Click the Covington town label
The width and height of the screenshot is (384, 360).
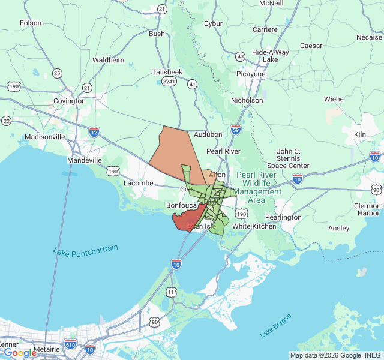pyautogui.click(x=70, y=101)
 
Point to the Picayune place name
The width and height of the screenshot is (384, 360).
pyautogui.click(x=251, y=74)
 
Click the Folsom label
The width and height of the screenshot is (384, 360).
pyautogui.click(x=32, y=23)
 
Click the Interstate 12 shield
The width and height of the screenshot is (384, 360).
pyautogui.click(x=94, y=131)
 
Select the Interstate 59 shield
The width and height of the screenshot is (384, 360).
pyautogui.click(x=235, y=130)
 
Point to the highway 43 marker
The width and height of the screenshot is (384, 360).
pyautogui.click(x=241, y=56)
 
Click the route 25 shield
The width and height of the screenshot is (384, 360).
pyautogui.click(x=57, y=73)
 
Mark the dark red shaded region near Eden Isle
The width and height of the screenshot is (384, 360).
pyautogui.click(x=187, y=219)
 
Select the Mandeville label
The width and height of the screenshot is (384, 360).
pyautogui.click(x=84, y=161)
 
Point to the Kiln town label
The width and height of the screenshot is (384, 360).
pyautogui.click(x=359, y=134)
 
